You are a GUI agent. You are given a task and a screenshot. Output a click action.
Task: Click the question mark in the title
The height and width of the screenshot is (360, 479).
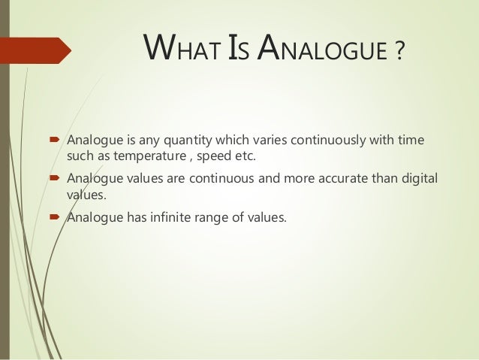click(399, 53)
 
